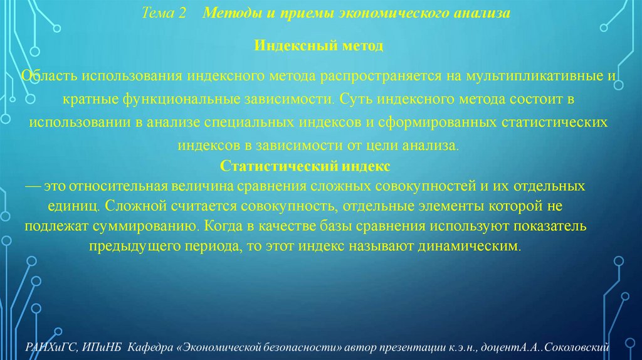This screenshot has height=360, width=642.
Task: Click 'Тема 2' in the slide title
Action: [x=164, y=13]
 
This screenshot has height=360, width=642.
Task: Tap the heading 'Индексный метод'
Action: [x=318, y=46]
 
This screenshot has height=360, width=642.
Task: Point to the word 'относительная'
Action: [x=119, y=186]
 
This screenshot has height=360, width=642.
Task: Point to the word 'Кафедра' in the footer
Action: [x=149, y=347]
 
